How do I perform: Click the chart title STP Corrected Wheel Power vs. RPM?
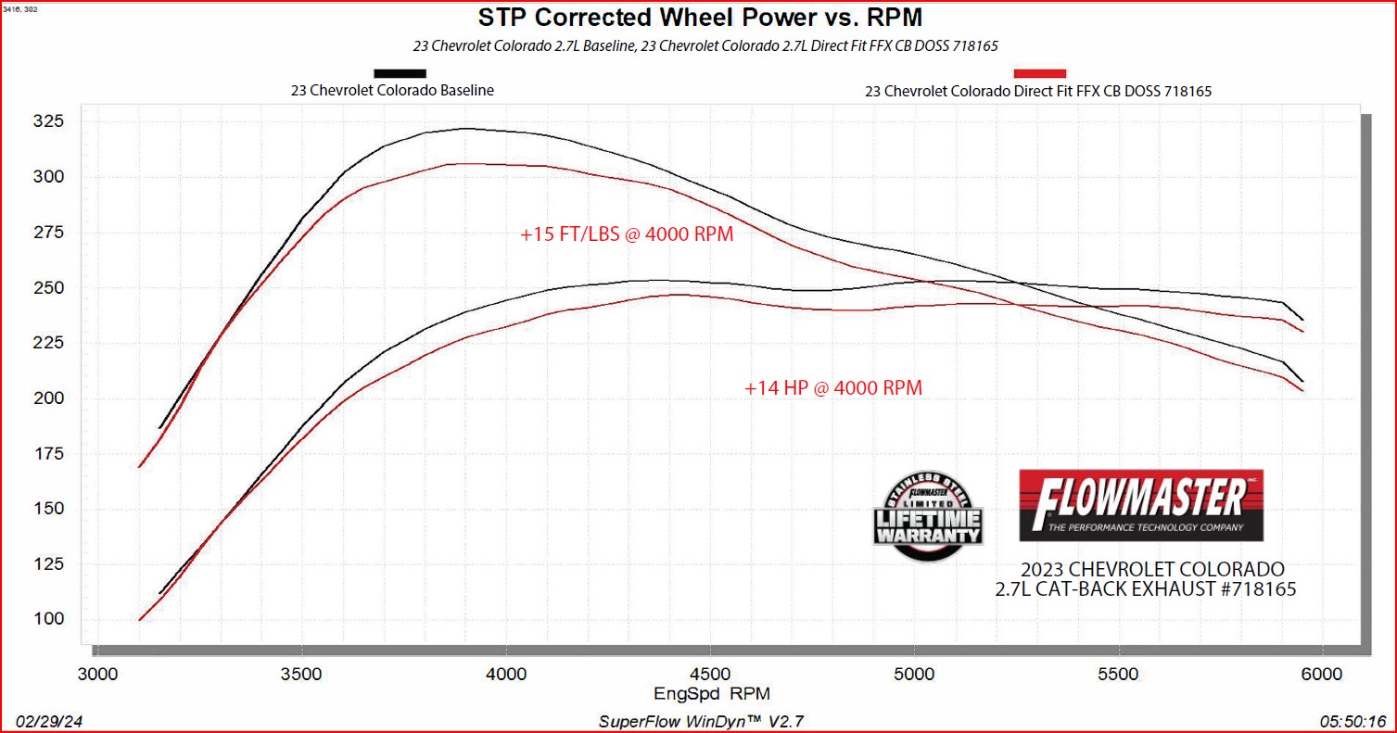[700, 18]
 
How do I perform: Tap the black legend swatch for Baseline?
[400, 73]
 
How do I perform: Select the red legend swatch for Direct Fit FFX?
[1040, 73]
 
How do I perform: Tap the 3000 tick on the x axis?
[97, 673]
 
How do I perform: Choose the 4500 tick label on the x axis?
[709, 673]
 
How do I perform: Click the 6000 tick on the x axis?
[1322, 673]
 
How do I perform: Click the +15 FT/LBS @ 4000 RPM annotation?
[627, 234]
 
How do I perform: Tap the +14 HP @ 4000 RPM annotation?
[832, 388]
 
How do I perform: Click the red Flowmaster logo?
[1140, 505]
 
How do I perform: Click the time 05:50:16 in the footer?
[1353, 721]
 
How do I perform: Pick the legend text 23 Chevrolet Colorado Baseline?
[392, 91]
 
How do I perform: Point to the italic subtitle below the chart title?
[700, 45]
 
